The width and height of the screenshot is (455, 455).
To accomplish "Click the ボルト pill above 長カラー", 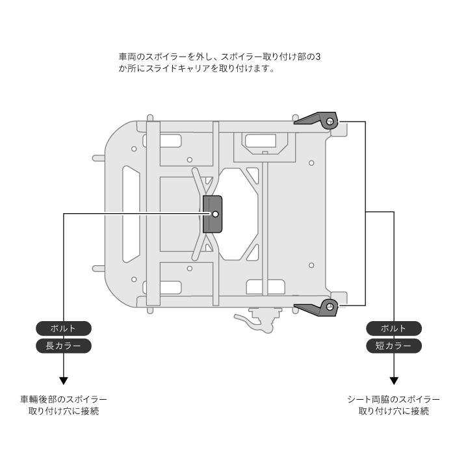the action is pyautogui.click(x=64, y=328).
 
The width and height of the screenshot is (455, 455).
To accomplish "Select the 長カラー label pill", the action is pyautogui.click(x=64, y=346).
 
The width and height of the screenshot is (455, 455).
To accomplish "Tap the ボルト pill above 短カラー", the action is pyautogui.click(x=394, y=328).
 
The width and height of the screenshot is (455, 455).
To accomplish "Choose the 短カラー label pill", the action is pyautogui.click(x=394, y=346).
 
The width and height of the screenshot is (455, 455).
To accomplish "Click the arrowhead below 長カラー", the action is pyautogui.click(x=64, y=381).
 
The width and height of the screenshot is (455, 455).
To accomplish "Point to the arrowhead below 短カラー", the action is pyautogui.click(x=394, y=381).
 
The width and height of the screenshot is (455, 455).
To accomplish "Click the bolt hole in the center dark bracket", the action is pyautogui.click(x=215, y=214).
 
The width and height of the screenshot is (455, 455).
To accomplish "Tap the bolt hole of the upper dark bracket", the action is pyautogui.click(x=330, y=122).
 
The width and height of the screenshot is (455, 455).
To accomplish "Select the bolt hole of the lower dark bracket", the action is pyautogui.click(x=330, y=306).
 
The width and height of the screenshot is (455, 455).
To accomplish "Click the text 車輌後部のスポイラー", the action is pyautogui.click(x=64, y=400).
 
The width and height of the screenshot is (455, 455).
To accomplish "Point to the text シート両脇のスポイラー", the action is pyautogui.click(x=394, y=400).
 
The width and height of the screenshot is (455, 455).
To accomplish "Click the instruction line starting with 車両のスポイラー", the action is pyautogui.click(x=220, y=57).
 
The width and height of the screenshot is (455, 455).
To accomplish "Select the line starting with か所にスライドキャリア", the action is pyautogui.click(x=196, y=69).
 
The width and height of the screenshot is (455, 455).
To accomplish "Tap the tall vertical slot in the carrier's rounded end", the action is pyautogui.click(x=131, y=214).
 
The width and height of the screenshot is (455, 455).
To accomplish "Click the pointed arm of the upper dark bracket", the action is pyautogui.click(x=307, y=119).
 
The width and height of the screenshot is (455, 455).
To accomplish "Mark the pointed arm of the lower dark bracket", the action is pyautogui.click(x=307, y=309).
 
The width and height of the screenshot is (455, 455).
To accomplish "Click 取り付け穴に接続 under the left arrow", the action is pyautogui.click(x=64, y=411).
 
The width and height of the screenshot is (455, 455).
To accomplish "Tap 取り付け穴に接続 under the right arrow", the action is pyautogui.click(x=394, y=411).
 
